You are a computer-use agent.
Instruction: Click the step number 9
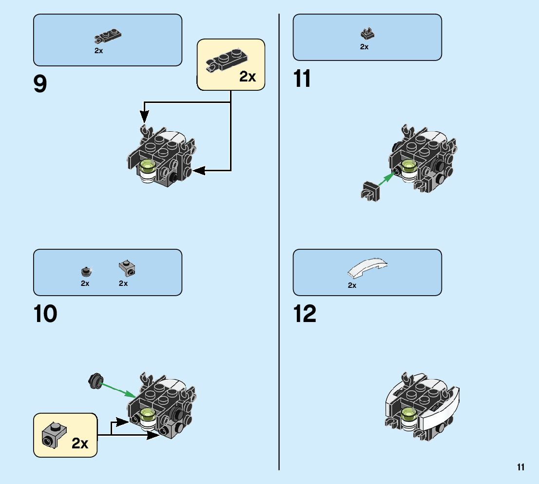point(40,84)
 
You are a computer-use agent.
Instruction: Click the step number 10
point(45,314)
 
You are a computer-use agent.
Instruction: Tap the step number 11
point(302,79)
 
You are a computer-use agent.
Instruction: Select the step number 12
point(305,314)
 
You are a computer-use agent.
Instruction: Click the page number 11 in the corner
point(521,467)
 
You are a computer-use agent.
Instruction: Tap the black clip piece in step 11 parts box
point(367,34)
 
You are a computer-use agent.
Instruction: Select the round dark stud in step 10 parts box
point(86,270)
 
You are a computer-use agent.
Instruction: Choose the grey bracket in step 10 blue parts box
point(128,267)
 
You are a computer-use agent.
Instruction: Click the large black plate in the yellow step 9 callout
point(226,60)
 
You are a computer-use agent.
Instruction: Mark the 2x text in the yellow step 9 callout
point(248,77)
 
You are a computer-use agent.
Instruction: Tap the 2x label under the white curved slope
point(352,285)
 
